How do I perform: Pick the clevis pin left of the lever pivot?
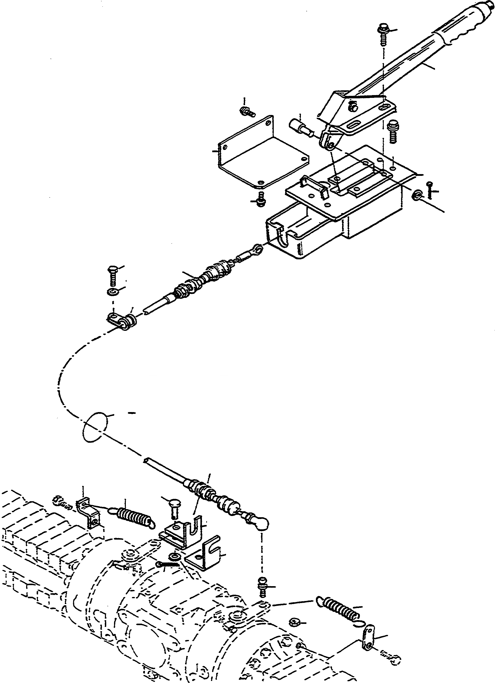coord(299,127)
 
